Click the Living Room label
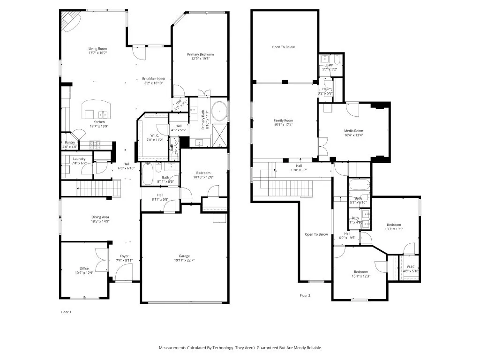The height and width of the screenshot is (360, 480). tap(97, 49)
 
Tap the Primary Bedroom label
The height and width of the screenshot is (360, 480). tap(200, 54)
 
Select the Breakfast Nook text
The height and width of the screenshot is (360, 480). tap(154, 79)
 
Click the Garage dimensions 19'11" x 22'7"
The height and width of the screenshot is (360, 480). tap(184, 261)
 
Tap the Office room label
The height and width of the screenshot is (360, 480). tap(84, 269)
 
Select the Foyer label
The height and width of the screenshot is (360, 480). tap(124, 256)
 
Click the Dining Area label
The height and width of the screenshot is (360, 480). tap(100, 217)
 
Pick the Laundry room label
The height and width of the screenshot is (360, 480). tap(79, 159)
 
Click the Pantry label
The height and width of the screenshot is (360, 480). tap(69, 142)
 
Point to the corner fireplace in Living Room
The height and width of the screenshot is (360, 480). tap(71, 22)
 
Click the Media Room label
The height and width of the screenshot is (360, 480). tap(353, 131)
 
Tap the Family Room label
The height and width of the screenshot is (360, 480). tap(283, 120)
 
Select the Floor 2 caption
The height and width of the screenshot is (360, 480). tap(305, 296)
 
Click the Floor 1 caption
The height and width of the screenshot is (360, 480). tap(66, 312)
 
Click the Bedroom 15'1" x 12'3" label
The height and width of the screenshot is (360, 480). tap(361, 272)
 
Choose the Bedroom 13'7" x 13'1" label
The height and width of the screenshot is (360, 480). tap(394, 225)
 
